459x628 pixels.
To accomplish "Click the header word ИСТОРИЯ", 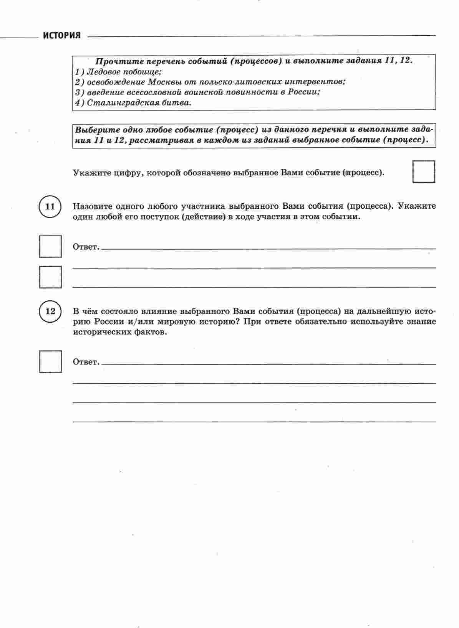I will tap(61, 36).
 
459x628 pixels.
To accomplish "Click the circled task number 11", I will tap(50, 207).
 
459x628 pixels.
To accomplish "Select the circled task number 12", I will tap(50, 311).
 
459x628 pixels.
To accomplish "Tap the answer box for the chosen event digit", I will tap(424, 172).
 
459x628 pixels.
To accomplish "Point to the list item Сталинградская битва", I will tap(139, 103).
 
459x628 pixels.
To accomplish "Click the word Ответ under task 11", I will tap(86, 247).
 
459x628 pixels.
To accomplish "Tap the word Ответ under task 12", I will tap(86, 362).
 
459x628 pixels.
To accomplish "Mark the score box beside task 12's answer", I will tap(50, 361).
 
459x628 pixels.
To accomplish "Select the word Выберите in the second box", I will tap(94, 130).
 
